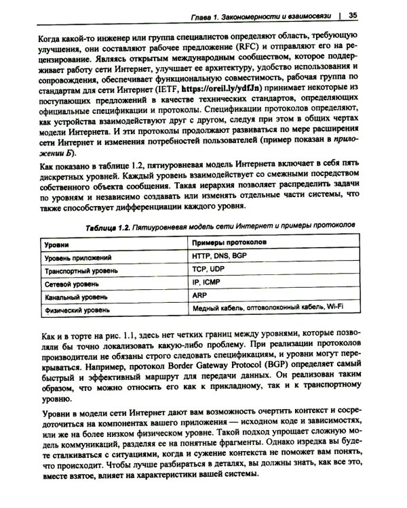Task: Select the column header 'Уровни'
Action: [x=59, y=242]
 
